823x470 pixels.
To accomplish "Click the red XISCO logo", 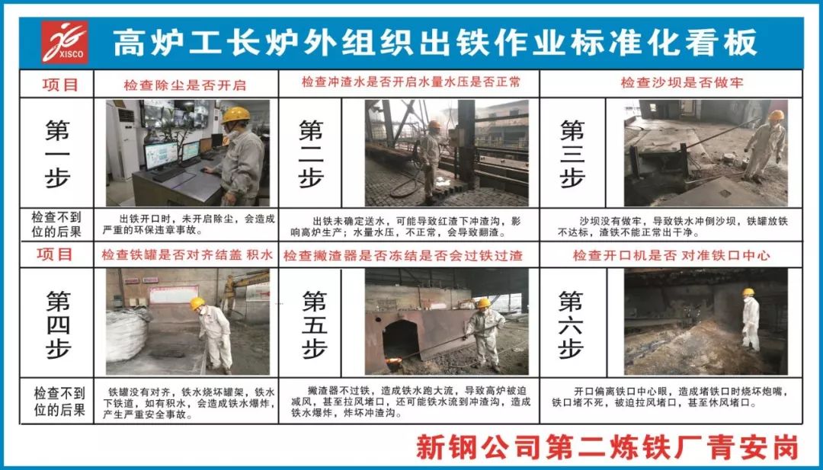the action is pyautogui.click(x=65, y=42).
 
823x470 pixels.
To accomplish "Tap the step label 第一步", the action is pyautogui.click(x=57, y=153).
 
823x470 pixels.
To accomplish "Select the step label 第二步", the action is pyautogui.click(x=311, y=153).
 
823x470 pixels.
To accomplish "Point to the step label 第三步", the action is pyautogui.click(x=572, y=153).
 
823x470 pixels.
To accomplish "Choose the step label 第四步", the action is pyautogui.click(x=58, y=325).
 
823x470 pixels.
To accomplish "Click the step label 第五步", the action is pyautogui.click(x=315, y=325).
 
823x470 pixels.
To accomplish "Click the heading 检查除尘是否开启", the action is pyautogui.click(x=184, y=85).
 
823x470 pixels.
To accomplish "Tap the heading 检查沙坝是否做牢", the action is pyautogui.click(x=682, y=83).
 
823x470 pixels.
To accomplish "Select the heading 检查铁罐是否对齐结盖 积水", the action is pyautogui.click(x=187, y=255).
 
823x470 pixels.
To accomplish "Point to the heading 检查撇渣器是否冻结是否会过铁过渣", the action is pyautogui.click(x=403, y=256).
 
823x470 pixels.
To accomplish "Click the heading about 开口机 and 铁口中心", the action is pyautogui.click(x=671, y=256).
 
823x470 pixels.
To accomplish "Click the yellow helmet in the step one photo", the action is pyautogui.click(x=235, y=115).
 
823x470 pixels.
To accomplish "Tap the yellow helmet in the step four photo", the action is pyautogui.click(x=197, y=303).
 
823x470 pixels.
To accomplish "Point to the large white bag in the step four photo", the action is pyautogui.click(x=126, y=336).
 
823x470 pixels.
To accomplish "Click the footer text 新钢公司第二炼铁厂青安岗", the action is pyautogui.click(x=607, y=447).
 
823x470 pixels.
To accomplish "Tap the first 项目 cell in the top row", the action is pyautogui.click(x=59, y=85).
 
